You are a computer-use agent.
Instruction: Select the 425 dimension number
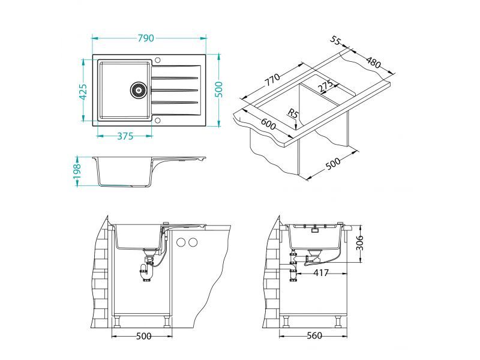pos(84,92)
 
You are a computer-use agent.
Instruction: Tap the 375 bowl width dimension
pos(124,136)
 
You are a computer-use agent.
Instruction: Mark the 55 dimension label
pos(335,40)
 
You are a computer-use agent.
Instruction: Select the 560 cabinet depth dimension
pos(313,337)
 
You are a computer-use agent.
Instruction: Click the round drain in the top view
pos(139,90)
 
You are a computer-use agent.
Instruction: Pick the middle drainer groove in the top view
pos(175,90)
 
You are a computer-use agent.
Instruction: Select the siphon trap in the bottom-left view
pos(146,273)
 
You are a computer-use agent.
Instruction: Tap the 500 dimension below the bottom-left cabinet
pos(143,337)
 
